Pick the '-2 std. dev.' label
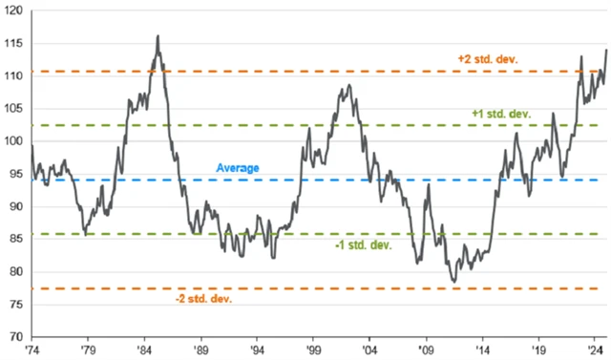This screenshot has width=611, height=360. pyautogui.click(x=202, y=299)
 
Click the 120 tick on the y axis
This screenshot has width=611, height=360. pyautogui.click(x=16, y=11)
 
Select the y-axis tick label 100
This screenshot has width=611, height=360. pyautogui.click(x=16, y=141)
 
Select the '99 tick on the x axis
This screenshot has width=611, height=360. pyautogui.click(x=313, y=350)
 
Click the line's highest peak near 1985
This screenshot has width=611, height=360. pyautogui.click(x=158, y=36)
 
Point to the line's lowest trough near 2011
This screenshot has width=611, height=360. pyautogui.click(x=454, y=282)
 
